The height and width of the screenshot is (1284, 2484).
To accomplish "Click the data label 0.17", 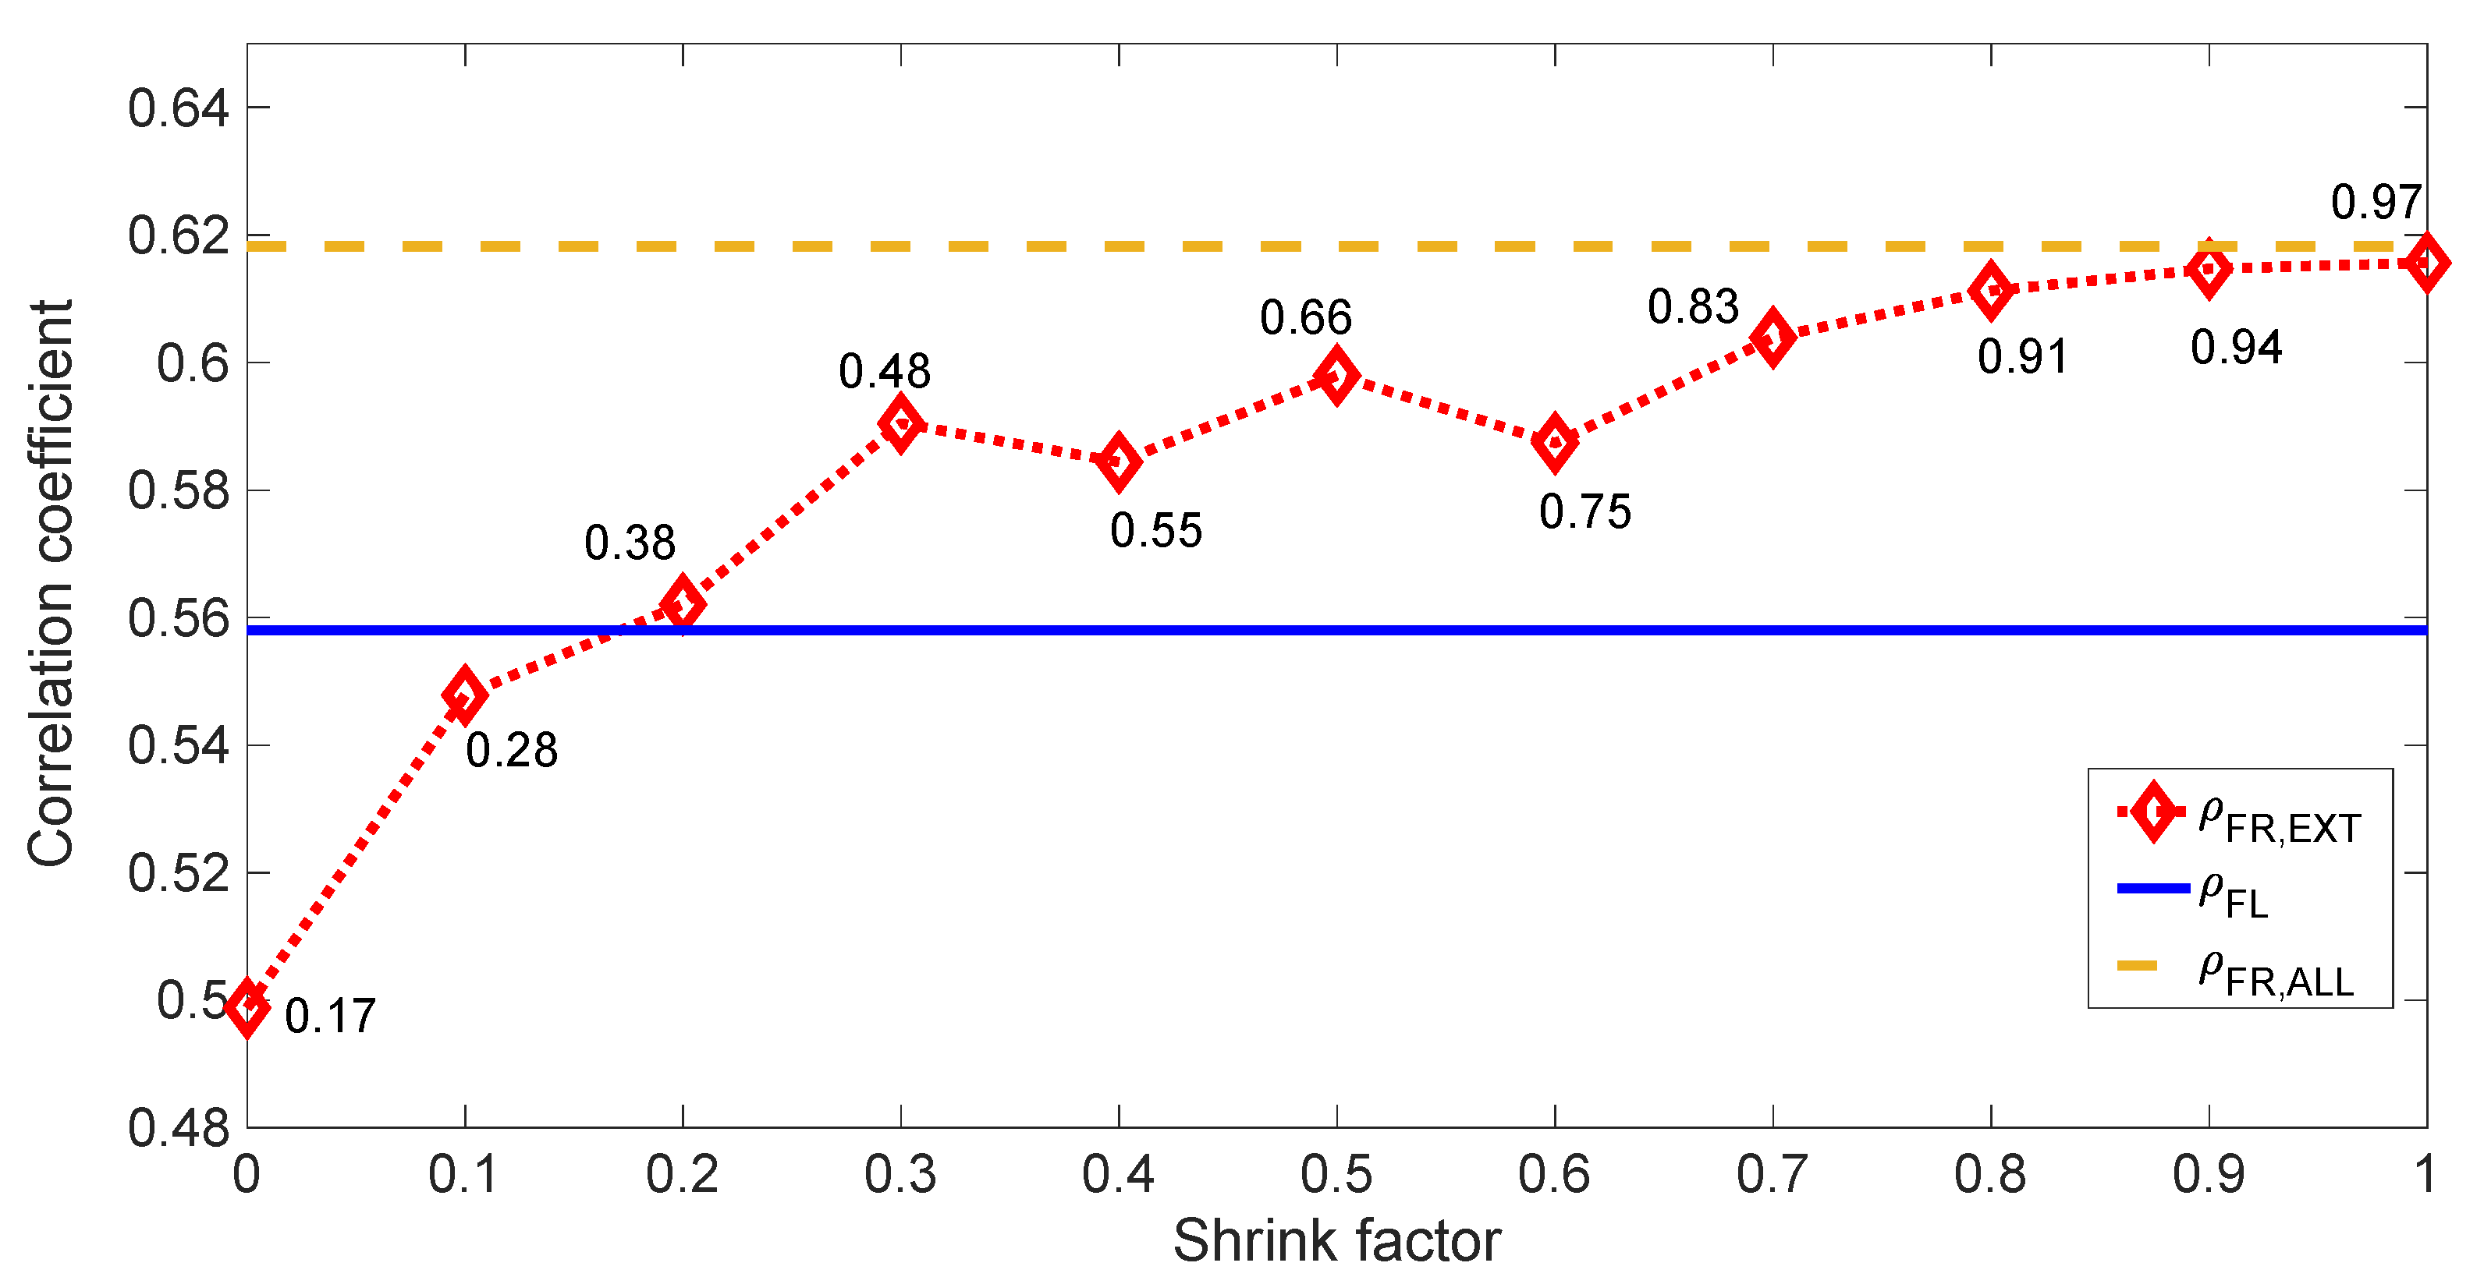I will click(x=330, y=1017).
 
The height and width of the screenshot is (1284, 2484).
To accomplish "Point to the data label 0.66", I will click(x=1306, y=318).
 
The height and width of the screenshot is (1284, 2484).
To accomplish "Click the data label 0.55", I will click(x=1155, y=531).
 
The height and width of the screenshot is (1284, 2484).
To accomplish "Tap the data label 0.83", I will click(x=1692, y=307).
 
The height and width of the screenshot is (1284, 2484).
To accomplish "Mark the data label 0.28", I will click(x=511, y=751).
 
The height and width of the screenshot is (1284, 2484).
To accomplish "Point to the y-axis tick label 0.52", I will click(x=179, y=873).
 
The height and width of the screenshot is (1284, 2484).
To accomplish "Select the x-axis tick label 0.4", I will click(x=1118, y=1174).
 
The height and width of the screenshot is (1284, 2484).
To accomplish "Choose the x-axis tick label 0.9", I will click(x=2208, y=1174).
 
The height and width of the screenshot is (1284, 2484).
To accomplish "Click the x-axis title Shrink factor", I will click(x=1336, y=1240).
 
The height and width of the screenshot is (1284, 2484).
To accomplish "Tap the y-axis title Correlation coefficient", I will click(x=50, y=583).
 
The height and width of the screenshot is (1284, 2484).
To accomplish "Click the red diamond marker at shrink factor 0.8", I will click(x=1990, y=290).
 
